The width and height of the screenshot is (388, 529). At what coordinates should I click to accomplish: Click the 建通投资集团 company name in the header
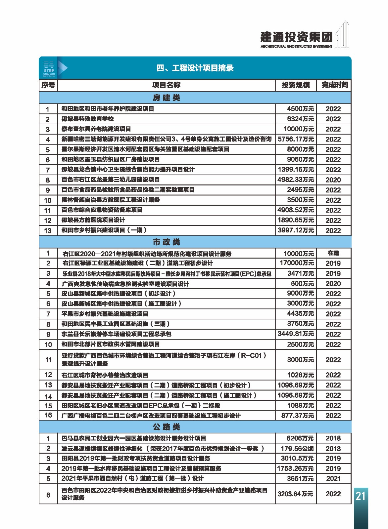(296, 37)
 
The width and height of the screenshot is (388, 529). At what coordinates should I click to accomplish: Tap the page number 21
(360, 496)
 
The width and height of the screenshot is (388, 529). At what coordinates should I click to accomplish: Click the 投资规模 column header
(296, 85)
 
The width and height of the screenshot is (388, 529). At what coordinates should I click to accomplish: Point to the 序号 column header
(48, 85)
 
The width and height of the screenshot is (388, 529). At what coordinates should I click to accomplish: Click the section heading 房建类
(166, 98)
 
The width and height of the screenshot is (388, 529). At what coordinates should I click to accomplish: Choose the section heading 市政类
(166, 242)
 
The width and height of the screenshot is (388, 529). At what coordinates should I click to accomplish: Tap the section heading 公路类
(166, 427)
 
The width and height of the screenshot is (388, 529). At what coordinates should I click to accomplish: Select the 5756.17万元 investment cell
(296, 139)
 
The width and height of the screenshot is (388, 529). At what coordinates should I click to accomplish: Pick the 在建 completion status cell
(333, 253)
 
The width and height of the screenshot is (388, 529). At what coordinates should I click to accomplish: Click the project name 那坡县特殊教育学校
(87, 119)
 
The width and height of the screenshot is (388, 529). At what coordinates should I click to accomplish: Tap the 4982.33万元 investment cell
(296, 180)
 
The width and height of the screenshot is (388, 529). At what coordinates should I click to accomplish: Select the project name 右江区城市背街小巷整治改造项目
(105, 375)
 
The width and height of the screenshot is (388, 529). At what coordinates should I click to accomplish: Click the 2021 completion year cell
(333, 478)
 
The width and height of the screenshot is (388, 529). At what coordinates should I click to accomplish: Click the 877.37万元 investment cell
(297, 416)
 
